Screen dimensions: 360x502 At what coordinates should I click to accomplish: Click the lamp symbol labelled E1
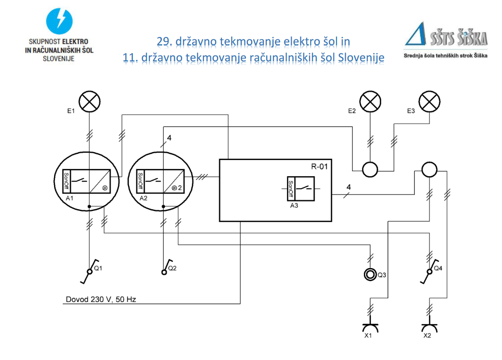point(89,102)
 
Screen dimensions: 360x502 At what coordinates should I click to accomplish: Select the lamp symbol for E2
point(370,102)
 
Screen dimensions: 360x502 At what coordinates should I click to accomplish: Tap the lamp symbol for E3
point(429,102)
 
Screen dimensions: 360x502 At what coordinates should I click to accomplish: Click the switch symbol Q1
point(89,273)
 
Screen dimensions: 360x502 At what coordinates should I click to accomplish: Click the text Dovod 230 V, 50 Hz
point(100,299)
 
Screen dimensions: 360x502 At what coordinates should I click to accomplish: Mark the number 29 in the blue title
point(163,41)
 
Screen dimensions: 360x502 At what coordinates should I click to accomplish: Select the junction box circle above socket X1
point(429,169)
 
